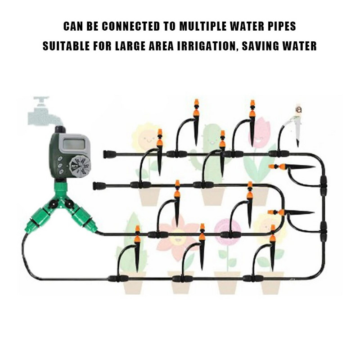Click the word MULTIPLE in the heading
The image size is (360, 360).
click(x=203, y=26)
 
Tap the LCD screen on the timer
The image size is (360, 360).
click(x=73, y=144)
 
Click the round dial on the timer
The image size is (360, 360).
click(x=80, y=166)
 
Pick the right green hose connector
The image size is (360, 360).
click(x=83, y=219)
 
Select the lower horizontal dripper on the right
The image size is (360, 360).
click(x=291, y=212)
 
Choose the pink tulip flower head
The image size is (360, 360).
click(x=261, y=131)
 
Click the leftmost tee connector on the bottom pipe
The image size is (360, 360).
click(x=118, y=279)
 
